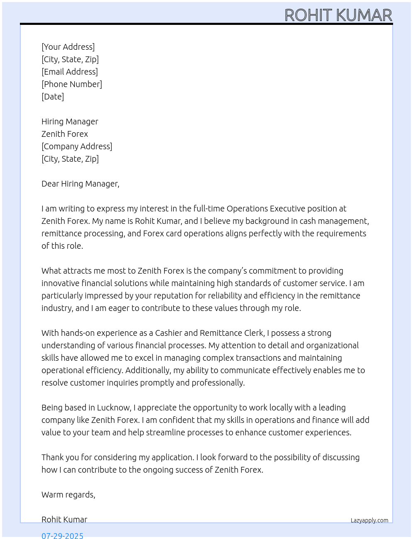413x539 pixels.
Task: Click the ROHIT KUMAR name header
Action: (338, 15)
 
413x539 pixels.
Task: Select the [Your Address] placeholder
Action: (68, 47)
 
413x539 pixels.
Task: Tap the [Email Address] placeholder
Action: (70, 72)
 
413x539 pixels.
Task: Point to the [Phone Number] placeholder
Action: (72, 84)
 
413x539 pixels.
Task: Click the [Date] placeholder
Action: (53, 97)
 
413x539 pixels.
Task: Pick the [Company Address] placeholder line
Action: (77, 146)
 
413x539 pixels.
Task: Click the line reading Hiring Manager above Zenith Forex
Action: (70, 121)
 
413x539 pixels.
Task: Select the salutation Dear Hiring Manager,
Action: (80, 184)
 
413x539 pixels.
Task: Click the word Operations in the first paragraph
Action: (247, 209)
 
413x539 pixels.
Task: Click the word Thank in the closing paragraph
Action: (53, 457)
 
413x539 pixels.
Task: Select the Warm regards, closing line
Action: (68, 495)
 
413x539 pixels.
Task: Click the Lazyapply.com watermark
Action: (369, 520)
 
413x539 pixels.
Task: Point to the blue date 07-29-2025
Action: (62, 536)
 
